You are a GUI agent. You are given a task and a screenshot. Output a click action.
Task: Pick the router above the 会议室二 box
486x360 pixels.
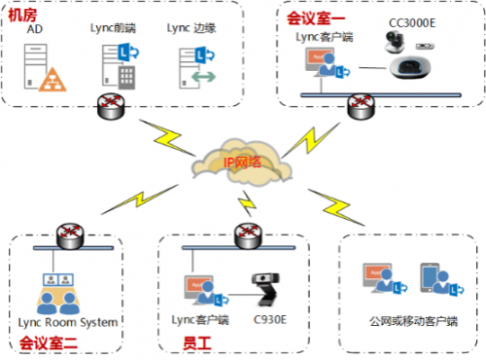click(x=68, y=234)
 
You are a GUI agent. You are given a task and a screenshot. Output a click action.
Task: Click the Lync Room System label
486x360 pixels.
click(x=68, y=322)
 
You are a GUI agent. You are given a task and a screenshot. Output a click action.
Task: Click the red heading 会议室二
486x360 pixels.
click(x=46, y=342)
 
